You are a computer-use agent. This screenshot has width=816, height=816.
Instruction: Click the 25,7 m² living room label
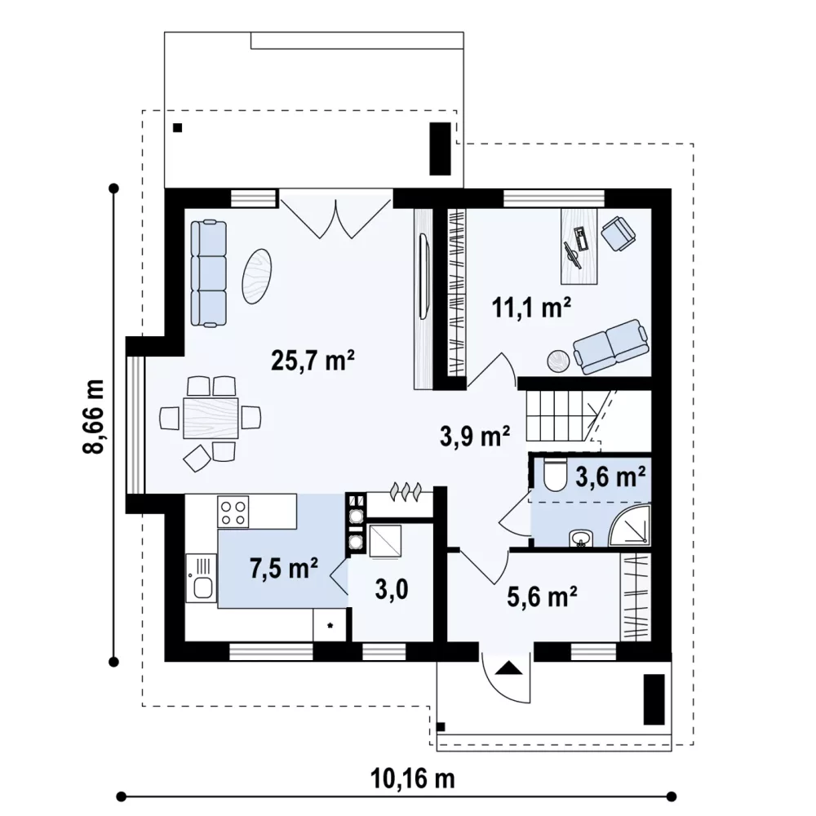click(313, 361)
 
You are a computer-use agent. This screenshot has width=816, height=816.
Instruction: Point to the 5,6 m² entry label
click(542, 596)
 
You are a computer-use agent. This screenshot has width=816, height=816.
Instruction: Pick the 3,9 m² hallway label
click(475, 435)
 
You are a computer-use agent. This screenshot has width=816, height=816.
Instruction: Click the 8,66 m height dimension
click(94, 416)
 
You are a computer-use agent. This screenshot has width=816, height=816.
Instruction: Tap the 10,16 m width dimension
click(412, 778)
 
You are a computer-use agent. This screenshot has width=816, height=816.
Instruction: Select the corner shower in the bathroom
click(631, 525)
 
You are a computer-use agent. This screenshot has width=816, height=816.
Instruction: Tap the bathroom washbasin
click(580, 539)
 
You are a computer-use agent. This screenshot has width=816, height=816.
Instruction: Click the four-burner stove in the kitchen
click(233, 512)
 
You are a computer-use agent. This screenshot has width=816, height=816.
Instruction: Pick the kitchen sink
click(201, 579)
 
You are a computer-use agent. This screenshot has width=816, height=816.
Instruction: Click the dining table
click(211, 418)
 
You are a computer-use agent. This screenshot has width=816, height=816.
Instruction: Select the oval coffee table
click(256, 276)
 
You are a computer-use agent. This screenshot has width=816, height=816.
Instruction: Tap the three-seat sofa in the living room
click(208, 273)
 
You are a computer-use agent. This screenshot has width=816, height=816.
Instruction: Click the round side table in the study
click(559, 361)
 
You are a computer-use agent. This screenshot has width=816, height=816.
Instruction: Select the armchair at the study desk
click(619, 233)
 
